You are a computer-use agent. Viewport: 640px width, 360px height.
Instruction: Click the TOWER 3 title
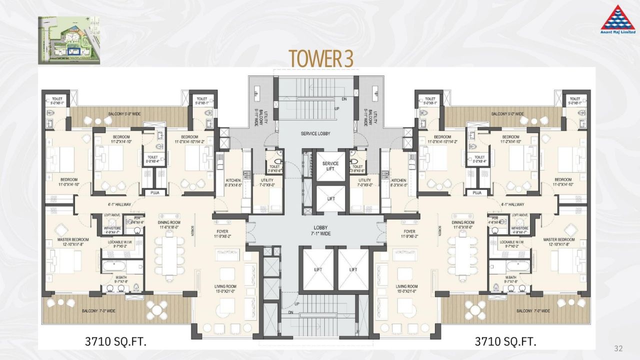click(x=320, y=58)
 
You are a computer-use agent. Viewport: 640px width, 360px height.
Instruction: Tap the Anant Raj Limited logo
click(x=617, y=20)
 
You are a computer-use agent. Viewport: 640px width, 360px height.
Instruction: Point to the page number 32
click(x=618, y=348)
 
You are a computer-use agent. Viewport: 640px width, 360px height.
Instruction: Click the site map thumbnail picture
click(x=68, y=40)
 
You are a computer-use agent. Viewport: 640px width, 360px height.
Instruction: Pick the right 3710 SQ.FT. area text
click(x=505, y=342)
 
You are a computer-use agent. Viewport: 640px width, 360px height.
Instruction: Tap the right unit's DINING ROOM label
click(x=462, y=225)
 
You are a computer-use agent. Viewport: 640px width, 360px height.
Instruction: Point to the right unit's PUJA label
click(x=477, y=192)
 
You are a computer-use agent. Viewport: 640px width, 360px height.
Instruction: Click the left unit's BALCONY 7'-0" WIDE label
click(x=98, y=311)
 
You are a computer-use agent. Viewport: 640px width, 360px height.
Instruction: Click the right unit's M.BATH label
click(x=510, y=279)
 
